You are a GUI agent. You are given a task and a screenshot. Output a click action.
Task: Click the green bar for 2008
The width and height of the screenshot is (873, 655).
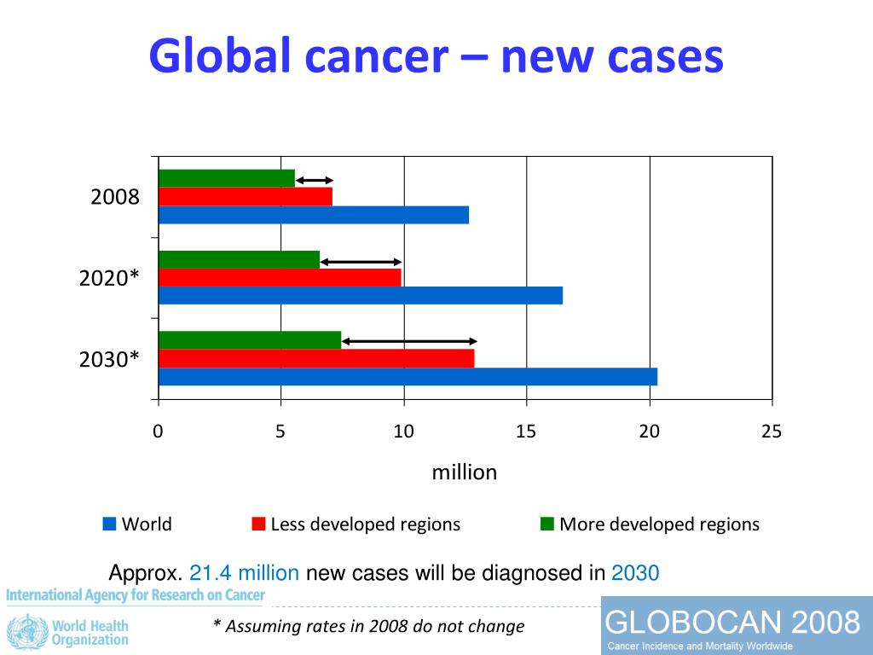coord(227,178)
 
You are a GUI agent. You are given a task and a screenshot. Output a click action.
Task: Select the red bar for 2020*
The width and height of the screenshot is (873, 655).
coord(280,277)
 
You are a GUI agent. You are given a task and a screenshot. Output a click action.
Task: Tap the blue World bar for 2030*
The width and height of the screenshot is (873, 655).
coord(408,376)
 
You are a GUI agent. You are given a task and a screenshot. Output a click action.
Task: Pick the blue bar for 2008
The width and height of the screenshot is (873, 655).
coord(314,215)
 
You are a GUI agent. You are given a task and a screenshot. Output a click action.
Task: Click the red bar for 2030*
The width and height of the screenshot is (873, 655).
coord(316,358)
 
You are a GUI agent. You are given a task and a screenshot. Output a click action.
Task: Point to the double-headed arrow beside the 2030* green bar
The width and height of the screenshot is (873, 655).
coord(409,341)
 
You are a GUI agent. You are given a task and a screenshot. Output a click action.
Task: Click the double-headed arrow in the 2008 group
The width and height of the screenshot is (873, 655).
coord(315,180)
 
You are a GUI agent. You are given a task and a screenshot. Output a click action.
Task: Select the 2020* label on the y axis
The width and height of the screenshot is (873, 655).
coord(109,278)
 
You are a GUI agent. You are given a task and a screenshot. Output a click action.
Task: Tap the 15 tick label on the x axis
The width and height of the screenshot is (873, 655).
coord(526,432)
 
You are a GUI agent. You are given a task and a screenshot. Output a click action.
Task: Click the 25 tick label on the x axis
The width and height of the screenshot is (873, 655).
coord(772,432)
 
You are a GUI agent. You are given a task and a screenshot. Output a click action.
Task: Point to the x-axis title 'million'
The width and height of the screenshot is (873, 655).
coord(465,472)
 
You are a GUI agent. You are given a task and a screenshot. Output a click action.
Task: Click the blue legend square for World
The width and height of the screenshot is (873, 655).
coord(109,524)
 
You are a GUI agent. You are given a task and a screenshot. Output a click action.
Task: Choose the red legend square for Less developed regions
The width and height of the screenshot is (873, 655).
coord(258,524)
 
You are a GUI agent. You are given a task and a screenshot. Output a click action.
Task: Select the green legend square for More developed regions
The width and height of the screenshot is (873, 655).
coord(547,524)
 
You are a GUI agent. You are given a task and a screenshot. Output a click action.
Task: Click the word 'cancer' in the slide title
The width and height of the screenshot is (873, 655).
coord(384,56)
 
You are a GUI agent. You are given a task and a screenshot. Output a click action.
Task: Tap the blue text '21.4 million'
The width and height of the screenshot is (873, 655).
coord(244,573)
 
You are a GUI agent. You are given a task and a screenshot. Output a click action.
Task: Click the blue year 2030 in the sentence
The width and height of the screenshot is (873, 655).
coord(635,573)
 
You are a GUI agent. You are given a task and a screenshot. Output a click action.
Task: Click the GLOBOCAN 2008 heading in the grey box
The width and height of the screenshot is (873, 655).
coord(732,622)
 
